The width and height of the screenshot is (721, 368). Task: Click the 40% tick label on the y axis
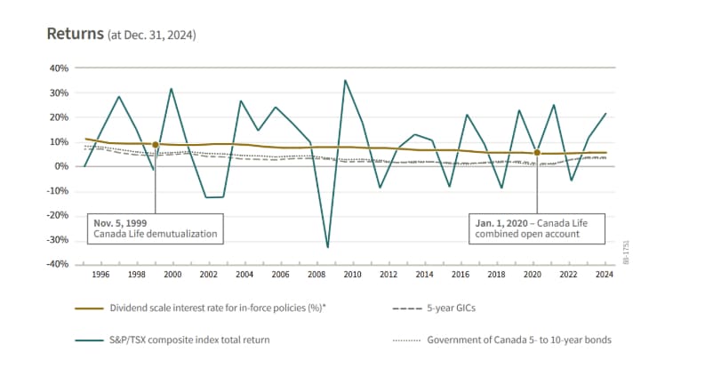pos(57,68)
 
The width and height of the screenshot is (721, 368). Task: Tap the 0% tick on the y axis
pos(60,166)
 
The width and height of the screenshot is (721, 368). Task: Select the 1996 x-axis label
pos(100,275)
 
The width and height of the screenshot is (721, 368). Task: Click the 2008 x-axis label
pos(316,275)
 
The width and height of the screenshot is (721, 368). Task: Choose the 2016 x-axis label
pos(461,275)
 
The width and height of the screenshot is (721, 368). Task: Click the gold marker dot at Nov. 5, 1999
pos(156,145)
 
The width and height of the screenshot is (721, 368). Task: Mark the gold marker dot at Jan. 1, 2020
pos(537,153)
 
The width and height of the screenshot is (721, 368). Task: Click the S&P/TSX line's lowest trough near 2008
pos(327,247)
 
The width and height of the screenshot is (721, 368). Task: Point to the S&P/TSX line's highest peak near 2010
pos(345,81)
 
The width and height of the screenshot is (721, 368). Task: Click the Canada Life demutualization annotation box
pos(156,228)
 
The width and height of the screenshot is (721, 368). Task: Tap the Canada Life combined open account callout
pos(537,228)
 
